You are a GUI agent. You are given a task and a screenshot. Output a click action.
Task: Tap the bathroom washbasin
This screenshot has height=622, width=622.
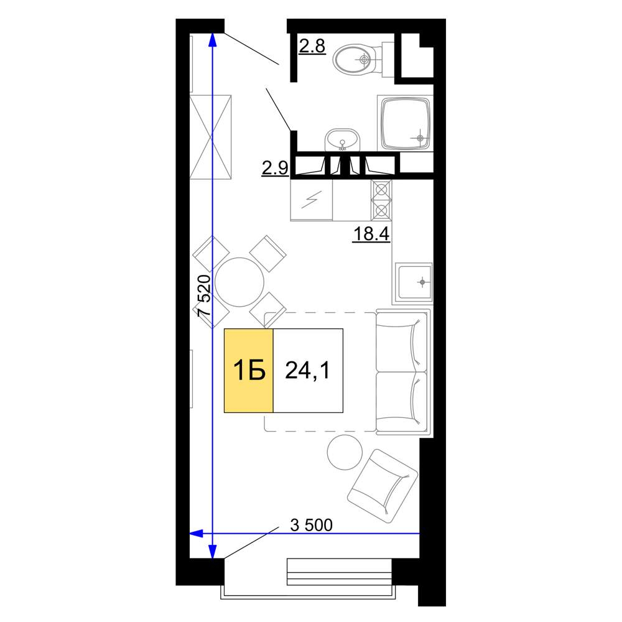(x=342, y=139)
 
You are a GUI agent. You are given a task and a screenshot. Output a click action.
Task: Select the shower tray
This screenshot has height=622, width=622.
(x=406, y=124)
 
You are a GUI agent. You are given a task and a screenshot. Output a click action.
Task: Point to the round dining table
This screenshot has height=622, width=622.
(x=239, y=282)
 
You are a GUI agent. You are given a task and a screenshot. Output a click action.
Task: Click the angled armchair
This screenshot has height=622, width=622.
(x=383, y=486)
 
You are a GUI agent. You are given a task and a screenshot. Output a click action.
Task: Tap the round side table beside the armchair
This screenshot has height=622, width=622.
(x=345, y=452)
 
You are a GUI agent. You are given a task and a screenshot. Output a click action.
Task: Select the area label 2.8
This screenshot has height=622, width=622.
(x=312, y=46)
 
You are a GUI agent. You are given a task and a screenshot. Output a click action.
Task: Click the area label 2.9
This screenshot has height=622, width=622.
(x=275, y=168)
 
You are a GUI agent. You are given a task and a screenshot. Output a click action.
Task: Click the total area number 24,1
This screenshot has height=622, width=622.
(x=307, y=371)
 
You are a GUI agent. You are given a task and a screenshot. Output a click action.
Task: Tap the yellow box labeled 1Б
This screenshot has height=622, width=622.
(x=249, y=371)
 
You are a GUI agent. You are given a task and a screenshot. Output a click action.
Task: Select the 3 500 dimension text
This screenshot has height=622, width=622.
(x=312, y=525)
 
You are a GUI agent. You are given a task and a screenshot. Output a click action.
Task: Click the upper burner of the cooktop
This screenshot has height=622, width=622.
(x=381, y=190)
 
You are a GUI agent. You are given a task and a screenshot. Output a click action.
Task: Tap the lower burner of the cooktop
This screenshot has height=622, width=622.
(x=381, y=210)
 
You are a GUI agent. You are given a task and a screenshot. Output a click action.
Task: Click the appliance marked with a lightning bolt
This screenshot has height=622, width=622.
(x=312, y=200)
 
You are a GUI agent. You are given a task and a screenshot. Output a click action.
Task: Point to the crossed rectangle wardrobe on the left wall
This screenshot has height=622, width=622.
(x=211, y=137)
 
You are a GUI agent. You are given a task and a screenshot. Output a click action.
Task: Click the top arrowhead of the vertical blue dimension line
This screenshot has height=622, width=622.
(x=213, y=40)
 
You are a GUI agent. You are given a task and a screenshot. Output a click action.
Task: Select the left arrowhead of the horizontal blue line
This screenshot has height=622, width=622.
(x=197, y=533)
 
